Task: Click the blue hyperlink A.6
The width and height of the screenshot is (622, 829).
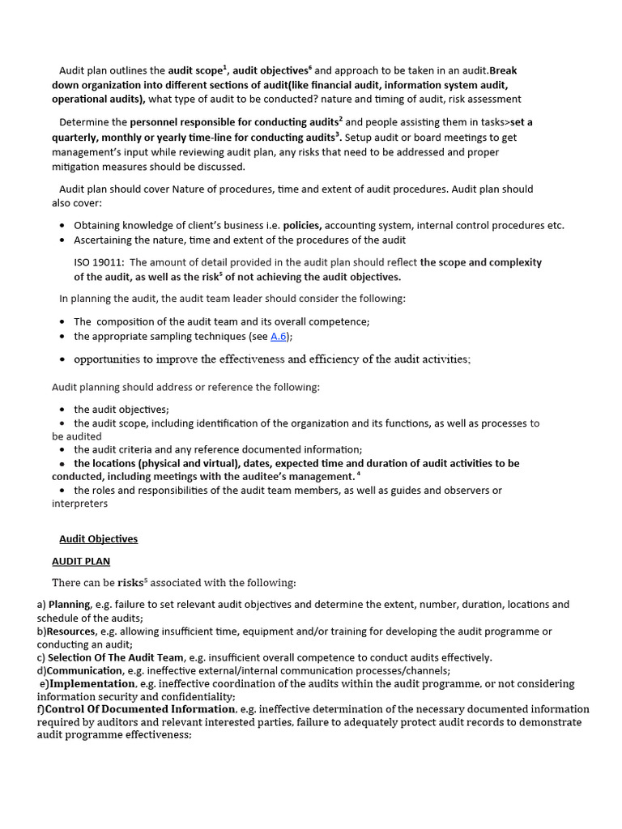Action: (x=279, y=336)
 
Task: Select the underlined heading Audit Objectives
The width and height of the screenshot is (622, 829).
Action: (x=98, y=539)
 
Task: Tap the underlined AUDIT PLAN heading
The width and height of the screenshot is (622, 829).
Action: (x=81, y=561)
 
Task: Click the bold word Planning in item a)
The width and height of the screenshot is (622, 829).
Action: (x=69, y=604)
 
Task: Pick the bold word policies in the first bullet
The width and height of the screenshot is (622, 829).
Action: (x=302, y=226)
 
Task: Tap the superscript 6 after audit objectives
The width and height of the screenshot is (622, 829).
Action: (x=309, y=67)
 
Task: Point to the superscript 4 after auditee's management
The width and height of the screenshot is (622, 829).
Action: (x=358, y=474)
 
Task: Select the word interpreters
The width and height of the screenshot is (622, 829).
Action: (x=79, y=504)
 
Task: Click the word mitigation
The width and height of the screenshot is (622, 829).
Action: (x=79, y=167)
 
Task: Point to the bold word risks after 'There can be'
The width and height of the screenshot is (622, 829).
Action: (x=130, y=583)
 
